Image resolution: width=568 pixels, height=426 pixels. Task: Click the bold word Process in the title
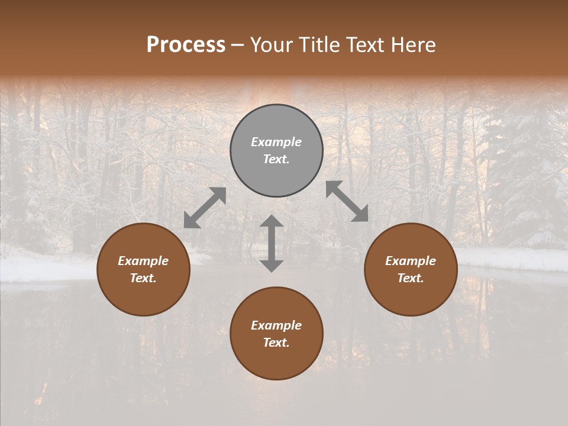[186, 45]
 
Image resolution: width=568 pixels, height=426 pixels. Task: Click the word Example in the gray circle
[276, 142]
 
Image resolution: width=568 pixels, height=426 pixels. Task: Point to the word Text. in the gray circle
[276, 159]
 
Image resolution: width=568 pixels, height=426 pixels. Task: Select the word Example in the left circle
[143, 261]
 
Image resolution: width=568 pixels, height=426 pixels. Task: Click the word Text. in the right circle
[411, 278]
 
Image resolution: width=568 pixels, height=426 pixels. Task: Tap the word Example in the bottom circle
[276, 325]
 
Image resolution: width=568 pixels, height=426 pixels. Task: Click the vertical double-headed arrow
[272, 243]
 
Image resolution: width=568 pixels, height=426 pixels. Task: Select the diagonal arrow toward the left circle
[205, 208]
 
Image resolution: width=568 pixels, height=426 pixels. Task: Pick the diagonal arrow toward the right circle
[347, 201]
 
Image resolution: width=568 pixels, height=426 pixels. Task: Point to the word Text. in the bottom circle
[276, 343]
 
